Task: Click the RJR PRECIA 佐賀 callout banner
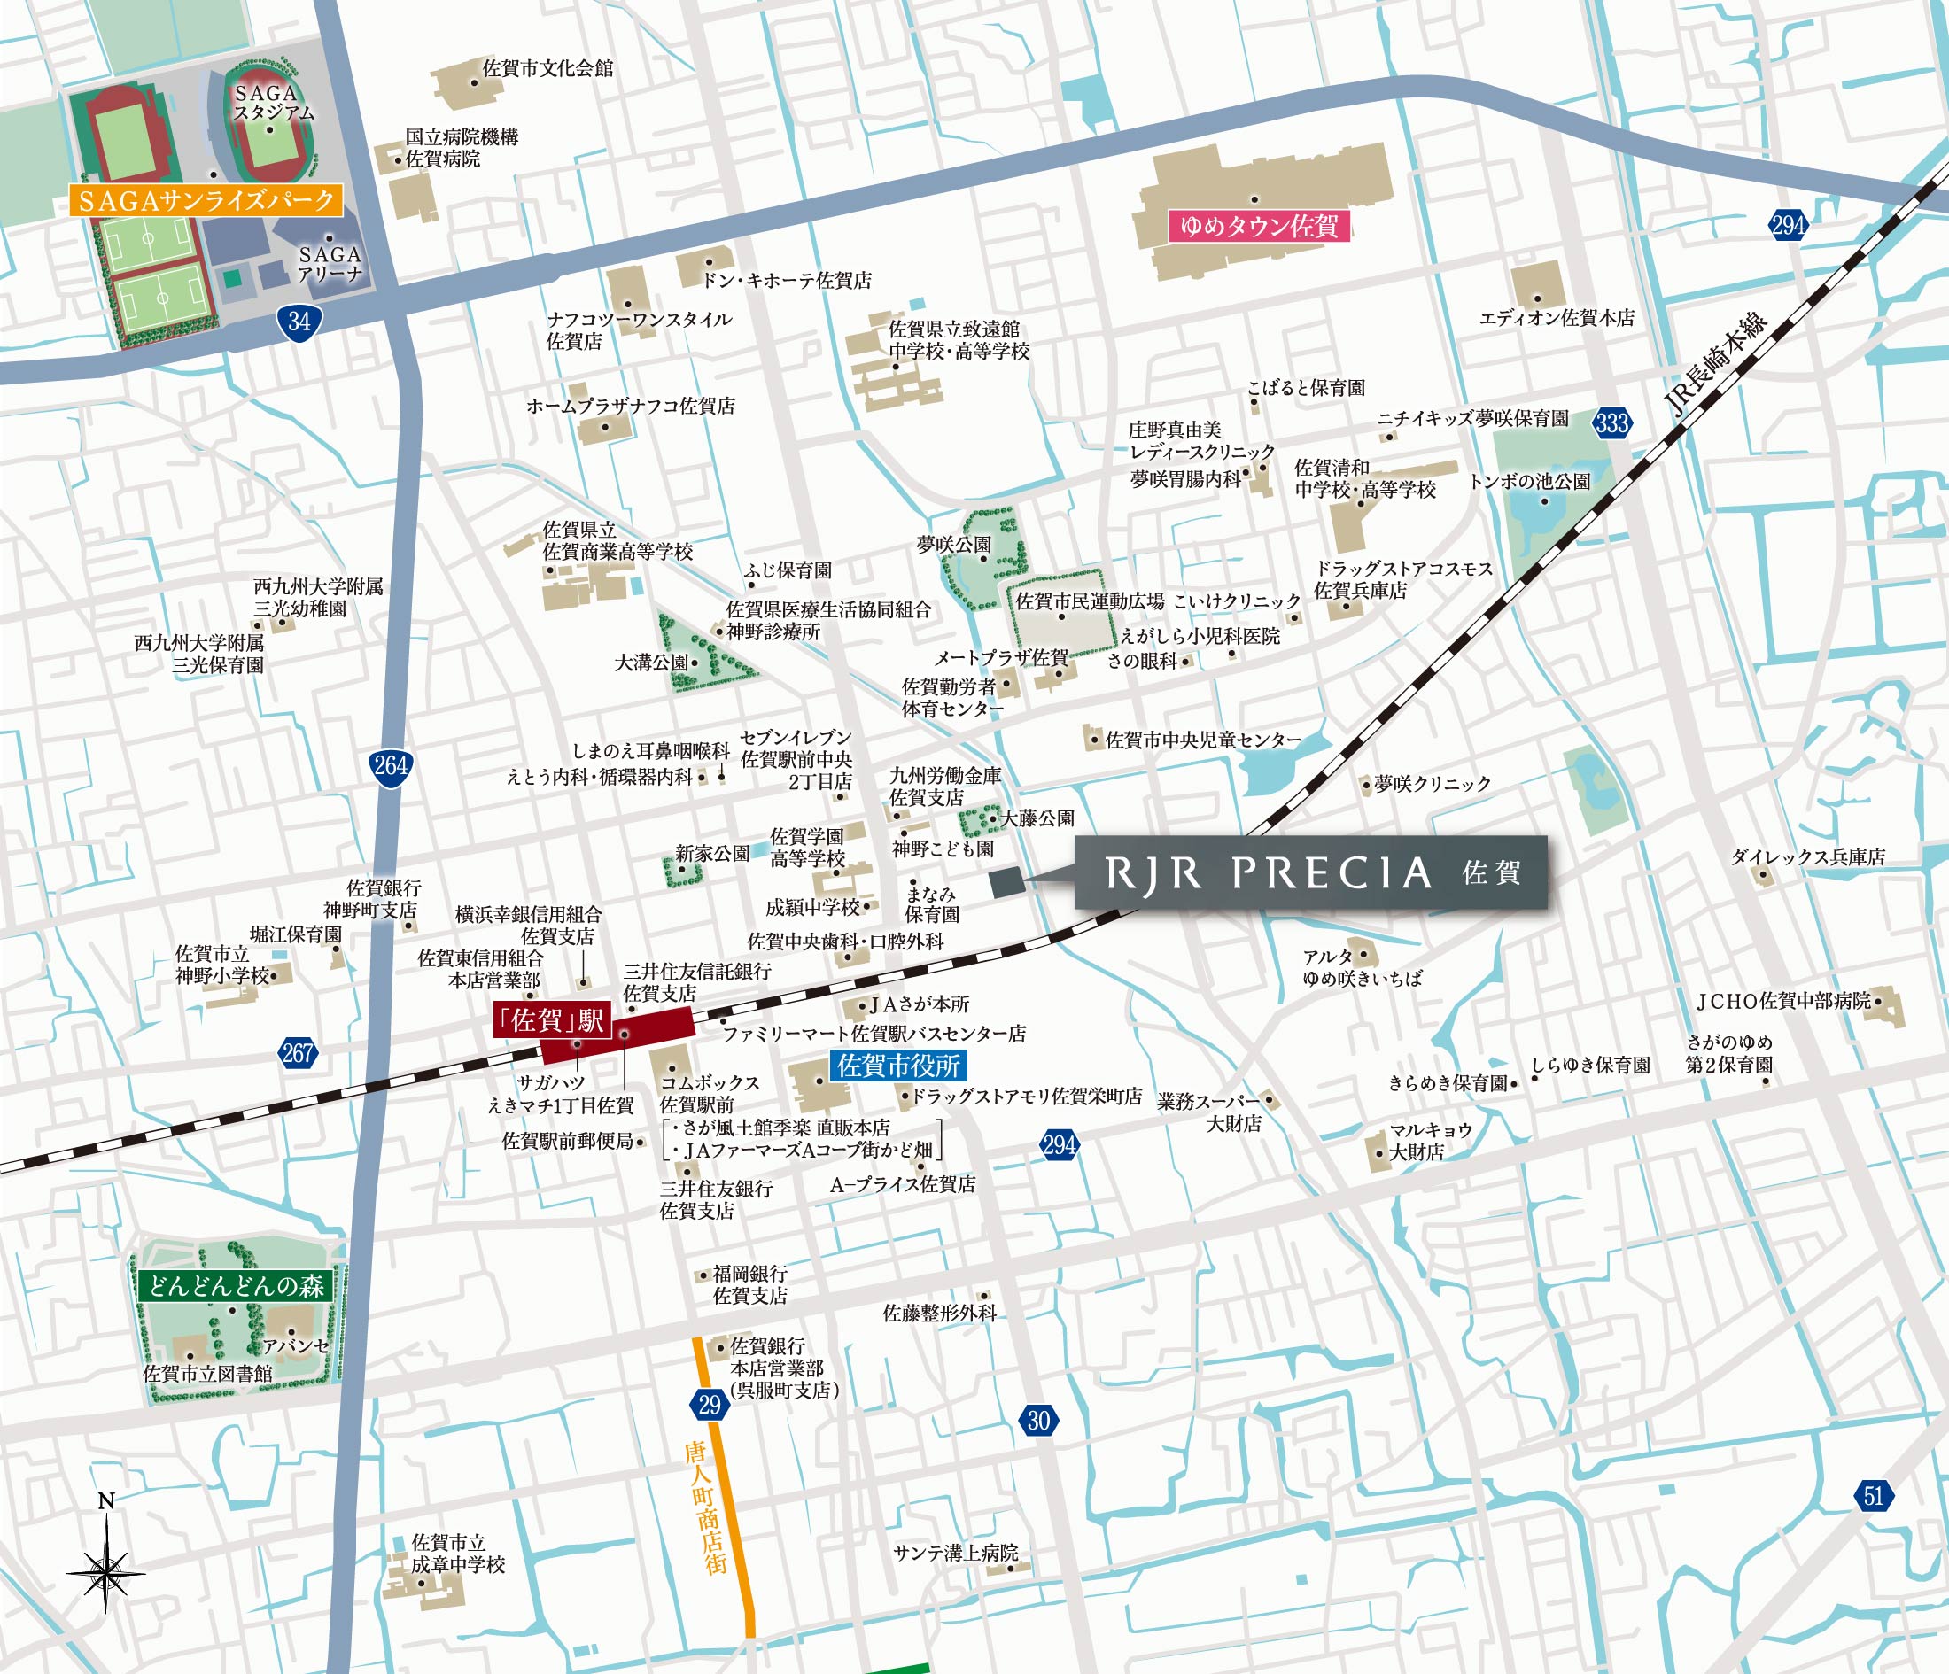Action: tap(1310, 872)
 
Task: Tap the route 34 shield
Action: tap(300, 322)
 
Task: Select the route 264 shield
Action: tap(390, 764)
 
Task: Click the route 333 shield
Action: tap(1611, 422)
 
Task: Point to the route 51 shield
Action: tap(1873, 1495)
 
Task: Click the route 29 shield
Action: tap(710, 1405)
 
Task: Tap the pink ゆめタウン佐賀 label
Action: tap(1259, 227)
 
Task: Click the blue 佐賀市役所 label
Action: tap(898, 1066)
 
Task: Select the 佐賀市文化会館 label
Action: tap(547, 67)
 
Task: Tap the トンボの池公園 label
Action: tap(1528, 482)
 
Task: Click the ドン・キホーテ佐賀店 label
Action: tap(787, 280)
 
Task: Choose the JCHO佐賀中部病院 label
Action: tap(1782, 1002)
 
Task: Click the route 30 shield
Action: tap(1037, 1419)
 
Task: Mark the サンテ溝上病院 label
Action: tap(956, 1553)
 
